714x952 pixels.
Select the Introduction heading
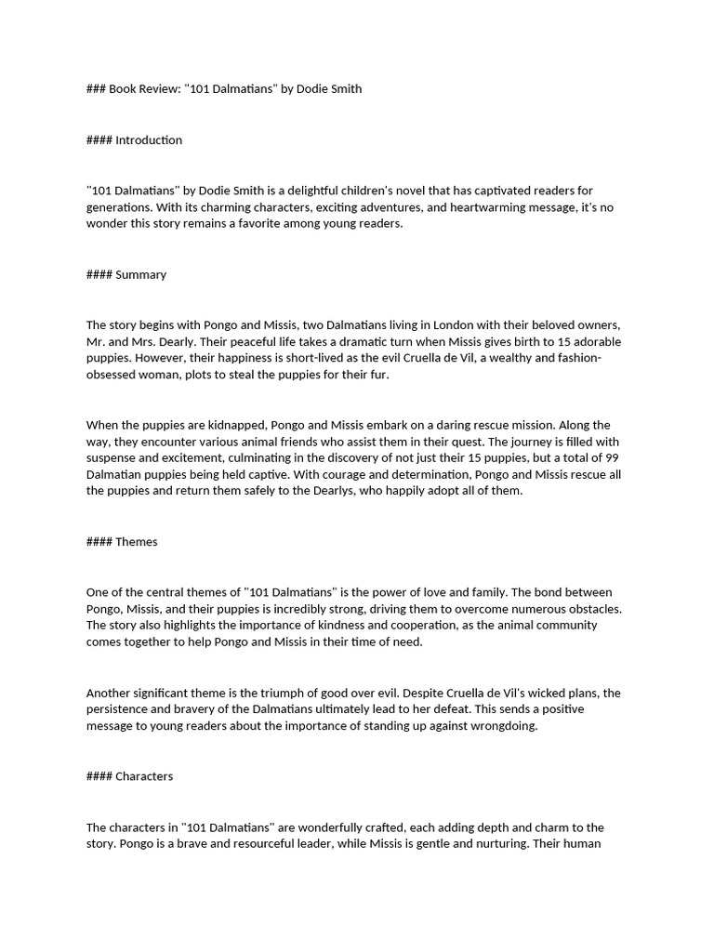click(x=149, y=140)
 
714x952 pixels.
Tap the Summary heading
click(x=140, y=274)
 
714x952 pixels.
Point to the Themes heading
click(x=137, y=542)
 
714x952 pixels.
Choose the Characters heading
click(x=144, y=776)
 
